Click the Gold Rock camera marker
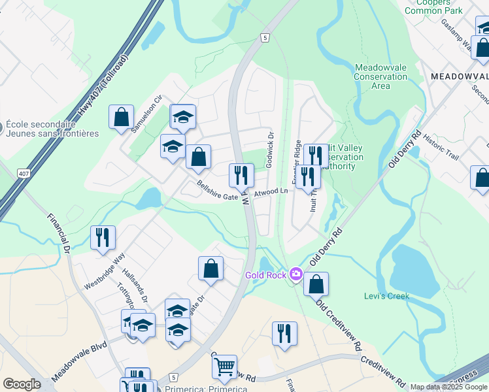(296, 274)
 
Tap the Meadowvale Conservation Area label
(380, 77)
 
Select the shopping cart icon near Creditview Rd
(224, 367)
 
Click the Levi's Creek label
(386, 296)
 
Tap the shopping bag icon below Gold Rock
(316, 284)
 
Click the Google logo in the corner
(22, 384)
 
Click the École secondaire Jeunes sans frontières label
(53, 129)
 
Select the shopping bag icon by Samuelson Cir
(121, 118)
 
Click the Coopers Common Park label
(433, 7)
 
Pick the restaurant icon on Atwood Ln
(241, 174)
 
